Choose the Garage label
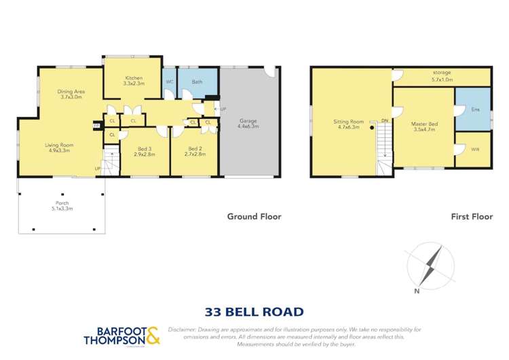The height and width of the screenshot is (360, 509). point(248,122)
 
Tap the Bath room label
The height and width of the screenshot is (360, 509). point(197,82)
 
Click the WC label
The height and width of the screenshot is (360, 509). point(170,82)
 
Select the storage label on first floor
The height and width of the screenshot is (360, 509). point(442,73)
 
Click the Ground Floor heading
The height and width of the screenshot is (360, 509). point(253,217)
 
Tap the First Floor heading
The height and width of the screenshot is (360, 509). point(470,217)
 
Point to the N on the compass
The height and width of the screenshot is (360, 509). point(417,291)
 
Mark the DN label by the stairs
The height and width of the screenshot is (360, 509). point(385,120)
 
